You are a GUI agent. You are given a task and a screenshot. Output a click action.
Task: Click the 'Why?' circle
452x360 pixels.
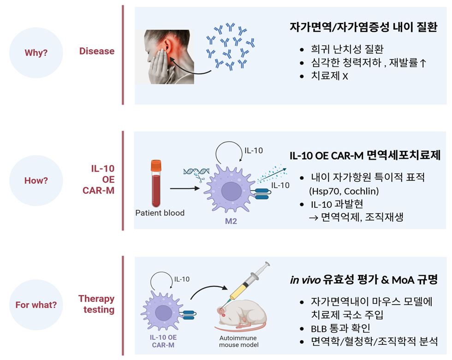[x=36, y=53]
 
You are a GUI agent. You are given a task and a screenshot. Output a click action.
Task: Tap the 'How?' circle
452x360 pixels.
[x=36, y=180]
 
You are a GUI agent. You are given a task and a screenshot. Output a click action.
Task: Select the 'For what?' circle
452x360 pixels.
[x=36, y=305]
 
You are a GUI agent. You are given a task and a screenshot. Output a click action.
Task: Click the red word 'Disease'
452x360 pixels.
[x=97, y=51]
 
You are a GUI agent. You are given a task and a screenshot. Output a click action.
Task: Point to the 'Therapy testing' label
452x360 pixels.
[x=96, y=304]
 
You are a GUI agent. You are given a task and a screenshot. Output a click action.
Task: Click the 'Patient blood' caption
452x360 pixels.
[x=160, y=213]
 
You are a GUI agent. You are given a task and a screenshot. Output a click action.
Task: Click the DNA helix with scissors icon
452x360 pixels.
[x=195, y=174]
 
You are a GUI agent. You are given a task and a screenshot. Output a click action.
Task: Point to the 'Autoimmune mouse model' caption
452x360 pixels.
[x=238, y=341]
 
